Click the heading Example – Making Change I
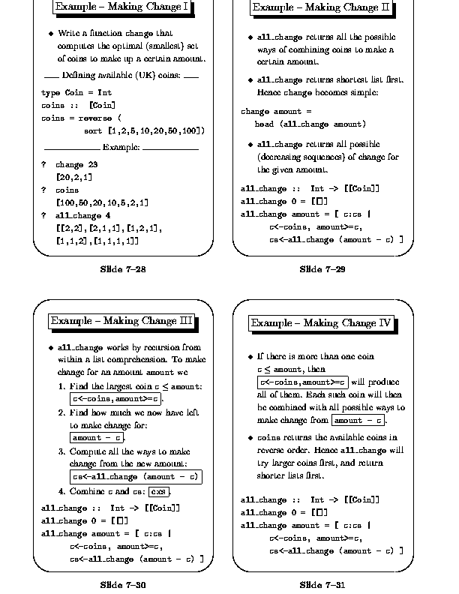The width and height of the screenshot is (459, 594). (x=122, y=7)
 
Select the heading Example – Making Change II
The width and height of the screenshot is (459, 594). (x=321, y=7)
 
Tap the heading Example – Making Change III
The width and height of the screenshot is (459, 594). (x=122, y=321)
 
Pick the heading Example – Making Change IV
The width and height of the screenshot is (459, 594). (x=321, y=323)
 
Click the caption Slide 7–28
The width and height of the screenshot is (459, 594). (x=122, y=269)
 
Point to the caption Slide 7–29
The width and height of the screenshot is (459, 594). (x=322, y=269)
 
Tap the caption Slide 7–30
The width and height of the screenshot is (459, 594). (x=122, y=584)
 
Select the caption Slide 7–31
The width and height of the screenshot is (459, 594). (x=322, y=584)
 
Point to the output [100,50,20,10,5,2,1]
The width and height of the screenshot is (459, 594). (x=102, y=202)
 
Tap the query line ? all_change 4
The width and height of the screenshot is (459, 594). (x=76, y=215)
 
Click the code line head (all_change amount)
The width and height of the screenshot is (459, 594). (x=299, y=124)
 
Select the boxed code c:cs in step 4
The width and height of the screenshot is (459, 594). (x=160, y=492)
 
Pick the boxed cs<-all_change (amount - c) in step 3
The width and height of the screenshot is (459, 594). (x=136, y=476)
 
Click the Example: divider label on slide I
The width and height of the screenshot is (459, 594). (x=121, y=147)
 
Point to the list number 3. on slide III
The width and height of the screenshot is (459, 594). (x=62, y=451)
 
